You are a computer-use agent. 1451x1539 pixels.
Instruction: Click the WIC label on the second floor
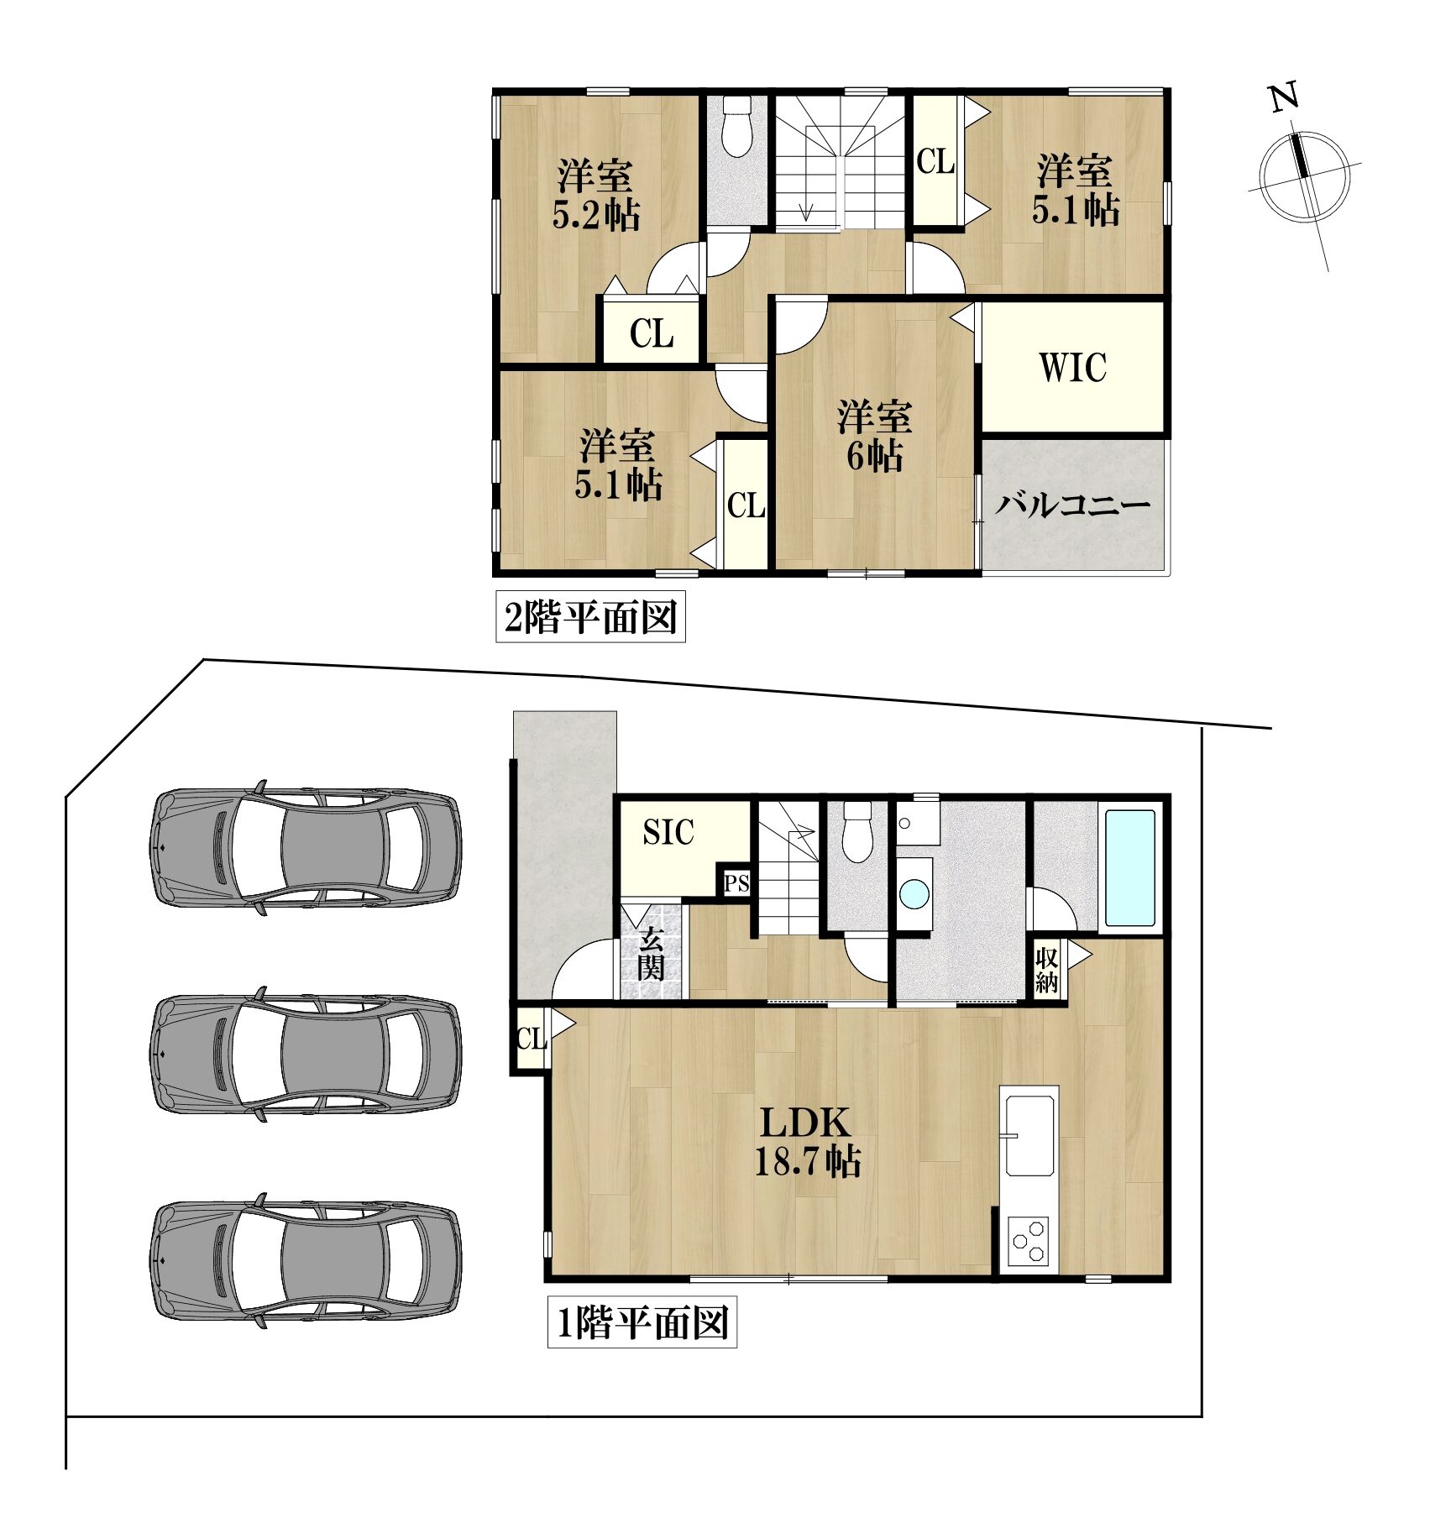click(x=1073, y=368)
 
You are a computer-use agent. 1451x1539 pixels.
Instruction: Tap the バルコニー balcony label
click(x=1072, y=505)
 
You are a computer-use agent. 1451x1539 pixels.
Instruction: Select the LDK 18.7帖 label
click(x=807, y=1143)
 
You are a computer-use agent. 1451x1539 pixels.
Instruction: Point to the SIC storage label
click(x=668, y=832)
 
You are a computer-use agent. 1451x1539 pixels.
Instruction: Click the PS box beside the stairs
click(x=736, y=883)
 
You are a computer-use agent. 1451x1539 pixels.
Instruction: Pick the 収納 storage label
click(x=1046, y=970)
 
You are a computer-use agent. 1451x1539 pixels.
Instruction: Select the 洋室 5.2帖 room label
click(x=596, y=196)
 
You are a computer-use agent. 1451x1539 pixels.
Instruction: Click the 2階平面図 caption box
click(x=590, y=617)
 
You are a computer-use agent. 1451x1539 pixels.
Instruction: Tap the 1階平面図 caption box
click(x=642, y=1323)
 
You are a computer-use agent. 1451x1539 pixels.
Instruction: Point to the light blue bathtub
click(x=1129, y=866)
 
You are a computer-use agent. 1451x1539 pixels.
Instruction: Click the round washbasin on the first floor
click(x=914, y=893)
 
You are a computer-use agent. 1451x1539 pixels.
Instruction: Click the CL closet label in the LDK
click(x=531, y=1040)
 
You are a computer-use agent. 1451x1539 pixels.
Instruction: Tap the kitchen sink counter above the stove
click(x=1029, y=1132)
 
